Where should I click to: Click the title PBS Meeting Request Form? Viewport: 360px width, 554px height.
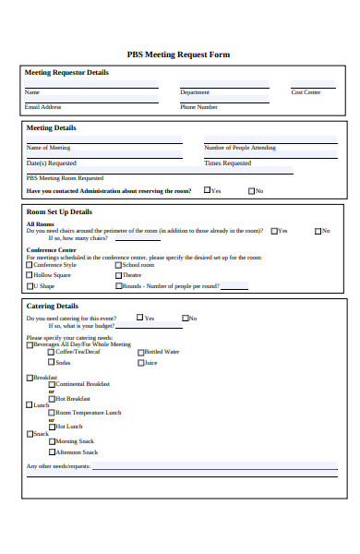[178, 54]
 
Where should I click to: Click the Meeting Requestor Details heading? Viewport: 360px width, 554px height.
[66, 72]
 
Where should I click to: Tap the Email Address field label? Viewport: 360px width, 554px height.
[42, 106]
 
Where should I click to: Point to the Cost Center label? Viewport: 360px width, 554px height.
[306, 92]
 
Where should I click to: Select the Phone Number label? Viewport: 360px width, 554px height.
[198, 106]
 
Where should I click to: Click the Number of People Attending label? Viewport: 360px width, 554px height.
[239, 148]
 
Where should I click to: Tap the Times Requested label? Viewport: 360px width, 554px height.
[227, 163]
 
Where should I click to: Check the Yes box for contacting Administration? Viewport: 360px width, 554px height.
[207, 191]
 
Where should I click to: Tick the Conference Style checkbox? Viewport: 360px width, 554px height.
[30, 265]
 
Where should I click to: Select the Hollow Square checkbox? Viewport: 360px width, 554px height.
[30, 275]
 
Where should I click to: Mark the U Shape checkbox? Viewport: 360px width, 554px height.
[30, 286]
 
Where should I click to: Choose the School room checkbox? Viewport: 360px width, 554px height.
[117, 265]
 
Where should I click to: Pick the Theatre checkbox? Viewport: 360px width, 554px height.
[117, 275]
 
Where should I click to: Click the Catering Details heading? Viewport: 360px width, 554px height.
[53, 306]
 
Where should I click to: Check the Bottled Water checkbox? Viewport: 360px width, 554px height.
[141, 352]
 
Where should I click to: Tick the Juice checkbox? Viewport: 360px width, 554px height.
[141, 363]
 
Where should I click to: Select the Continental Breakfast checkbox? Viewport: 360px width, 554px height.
[53, 384]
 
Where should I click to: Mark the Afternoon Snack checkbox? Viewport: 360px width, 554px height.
[53, 452]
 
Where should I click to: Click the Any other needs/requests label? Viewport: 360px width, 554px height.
[58, 466]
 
